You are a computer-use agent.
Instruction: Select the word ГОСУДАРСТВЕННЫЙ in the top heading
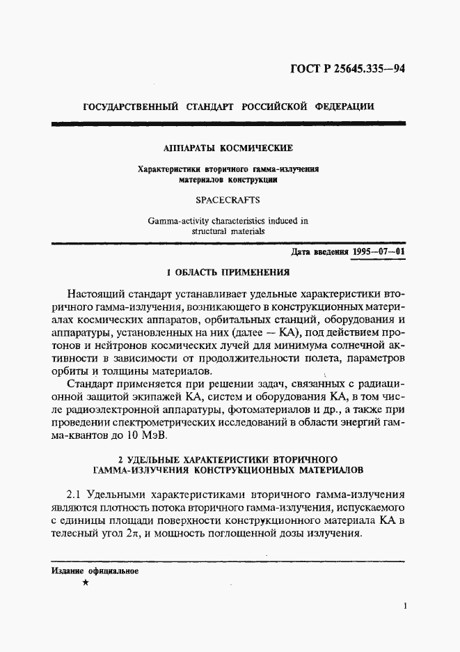[x=130, y=108]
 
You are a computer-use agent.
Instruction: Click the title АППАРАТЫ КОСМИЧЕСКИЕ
[x=228, y=148]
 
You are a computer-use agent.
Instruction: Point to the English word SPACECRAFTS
[x=228, y=199]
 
